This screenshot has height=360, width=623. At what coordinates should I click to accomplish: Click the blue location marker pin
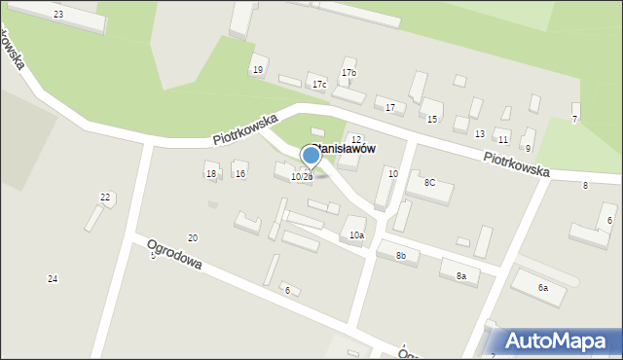coord(311,156)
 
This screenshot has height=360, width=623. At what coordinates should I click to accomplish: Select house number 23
coord(58,15)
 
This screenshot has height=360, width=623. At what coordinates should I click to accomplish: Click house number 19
coord(257,70)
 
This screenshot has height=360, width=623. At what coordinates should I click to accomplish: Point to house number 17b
coord(348,73)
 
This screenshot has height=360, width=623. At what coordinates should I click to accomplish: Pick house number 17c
coord(318,85)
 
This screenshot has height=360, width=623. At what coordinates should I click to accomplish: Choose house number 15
coord(431,119)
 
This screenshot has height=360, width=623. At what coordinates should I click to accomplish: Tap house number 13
coord(479,133)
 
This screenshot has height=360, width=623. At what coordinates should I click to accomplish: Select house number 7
coord(574,119)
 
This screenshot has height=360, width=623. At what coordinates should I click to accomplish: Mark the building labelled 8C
coord(429,183)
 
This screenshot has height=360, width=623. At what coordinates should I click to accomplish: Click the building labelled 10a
coord(357,235)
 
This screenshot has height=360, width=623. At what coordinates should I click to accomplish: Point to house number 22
coord(105,197)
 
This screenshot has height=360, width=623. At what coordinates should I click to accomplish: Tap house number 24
coord(53,279)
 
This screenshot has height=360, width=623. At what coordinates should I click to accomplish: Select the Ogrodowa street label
coord(174,255)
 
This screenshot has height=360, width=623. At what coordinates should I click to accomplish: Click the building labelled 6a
coord(543,288)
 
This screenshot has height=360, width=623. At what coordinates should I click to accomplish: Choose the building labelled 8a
coord(461,276)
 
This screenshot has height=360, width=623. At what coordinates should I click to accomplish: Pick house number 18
coord(211,174)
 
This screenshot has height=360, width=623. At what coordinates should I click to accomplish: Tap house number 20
coord(192,238)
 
